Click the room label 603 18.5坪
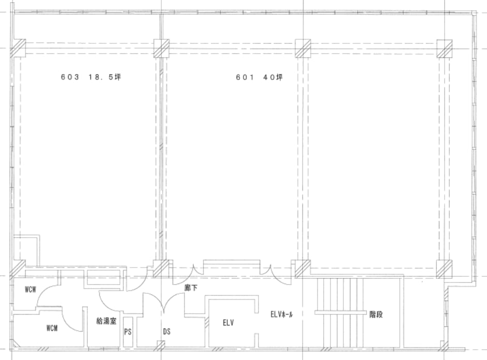pyautogui.click(x=90, y=77)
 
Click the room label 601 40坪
pyautogui.click(x=260, y=77)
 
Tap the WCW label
pyautogui.click(x=31, y=290)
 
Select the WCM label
pyautogui.click(x=52, y=328)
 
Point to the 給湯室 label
pyautogui.click(x=106, y=321)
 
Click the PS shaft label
pyautogui.click(x=128, y=332)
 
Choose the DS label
pyautogui.click(x=167, y=332)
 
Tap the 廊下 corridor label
pyautogui.click(x=190, y=288)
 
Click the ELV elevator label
pyautogui.click(x=229, y=323)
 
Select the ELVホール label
pyautogui.click(x=281, y=315)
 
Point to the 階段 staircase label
pyautogui.click(x=376, y=315)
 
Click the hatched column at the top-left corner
pyautogui.click(x=18, y=49)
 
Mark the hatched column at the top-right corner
pyautogui.click(x=445, y=49)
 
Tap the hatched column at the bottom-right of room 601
pyautogui.click(x=444, y=269)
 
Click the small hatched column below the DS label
pyautogui.click(x=161, y=345)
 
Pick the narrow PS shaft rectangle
pyautogui.click(x=128, y=332)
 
